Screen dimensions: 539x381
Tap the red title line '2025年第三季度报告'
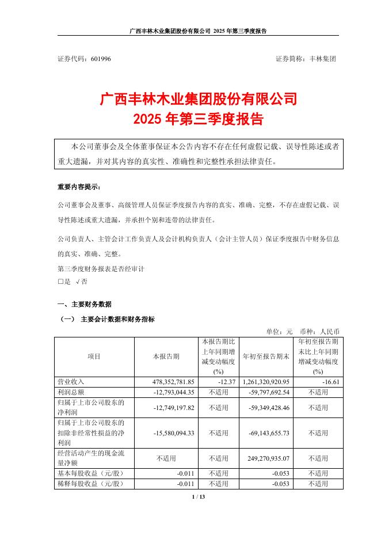point(198,120)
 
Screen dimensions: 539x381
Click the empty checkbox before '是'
point(60,282)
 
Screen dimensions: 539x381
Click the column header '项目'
point(94,356)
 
